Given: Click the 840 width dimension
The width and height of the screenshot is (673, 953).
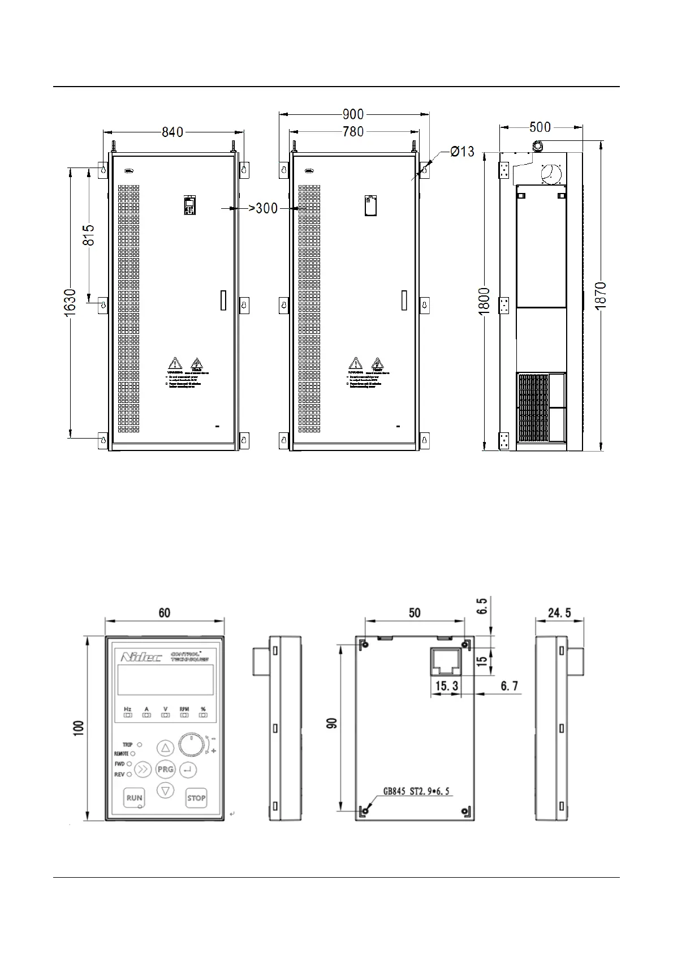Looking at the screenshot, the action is pos(172,132).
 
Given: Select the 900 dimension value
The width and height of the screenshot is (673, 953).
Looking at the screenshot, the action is pos(353,114).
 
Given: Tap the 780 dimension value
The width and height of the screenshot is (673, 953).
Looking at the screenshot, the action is pos(353,132).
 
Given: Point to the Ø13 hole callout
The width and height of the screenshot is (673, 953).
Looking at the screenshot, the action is pos(462,152).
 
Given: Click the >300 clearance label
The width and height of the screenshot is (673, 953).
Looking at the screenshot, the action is pos(264,208).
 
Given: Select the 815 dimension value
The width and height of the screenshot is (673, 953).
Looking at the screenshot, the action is pos(89,235).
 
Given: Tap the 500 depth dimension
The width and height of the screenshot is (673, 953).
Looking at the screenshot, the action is pos(540,127).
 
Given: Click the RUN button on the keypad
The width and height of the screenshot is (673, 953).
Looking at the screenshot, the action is pos(134,798).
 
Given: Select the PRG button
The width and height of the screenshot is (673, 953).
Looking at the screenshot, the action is pos(165,769).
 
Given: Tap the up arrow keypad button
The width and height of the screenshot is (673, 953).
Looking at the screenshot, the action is pos(165,748).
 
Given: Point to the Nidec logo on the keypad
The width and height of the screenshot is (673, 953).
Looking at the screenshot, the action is pos(141,657).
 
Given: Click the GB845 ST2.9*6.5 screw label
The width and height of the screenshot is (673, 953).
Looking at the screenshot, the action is pos(417,791).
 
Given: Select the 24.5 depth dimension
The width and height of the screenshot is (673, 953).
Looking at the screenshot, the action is pos(559,612).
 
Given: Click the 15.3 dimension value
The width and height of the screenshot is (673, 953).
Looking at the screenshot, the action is pos(446,686).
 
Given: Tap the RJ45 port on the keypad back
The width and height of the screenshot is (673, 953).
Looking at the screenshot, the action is pos(446,661).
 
